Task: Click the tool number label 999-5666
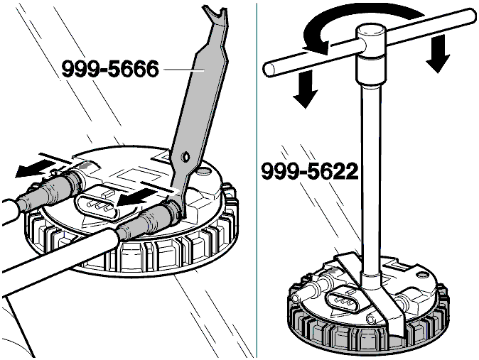click(110, 69)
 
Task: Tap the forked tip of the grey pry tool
click(216, 15)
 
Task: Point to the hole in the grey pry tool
click(185, 156)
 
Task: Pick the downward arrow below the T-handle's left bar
click(305, 89)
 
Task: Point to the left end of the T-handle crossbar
click(268, 69)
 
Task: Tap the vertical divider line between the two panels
click(257, 180)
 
